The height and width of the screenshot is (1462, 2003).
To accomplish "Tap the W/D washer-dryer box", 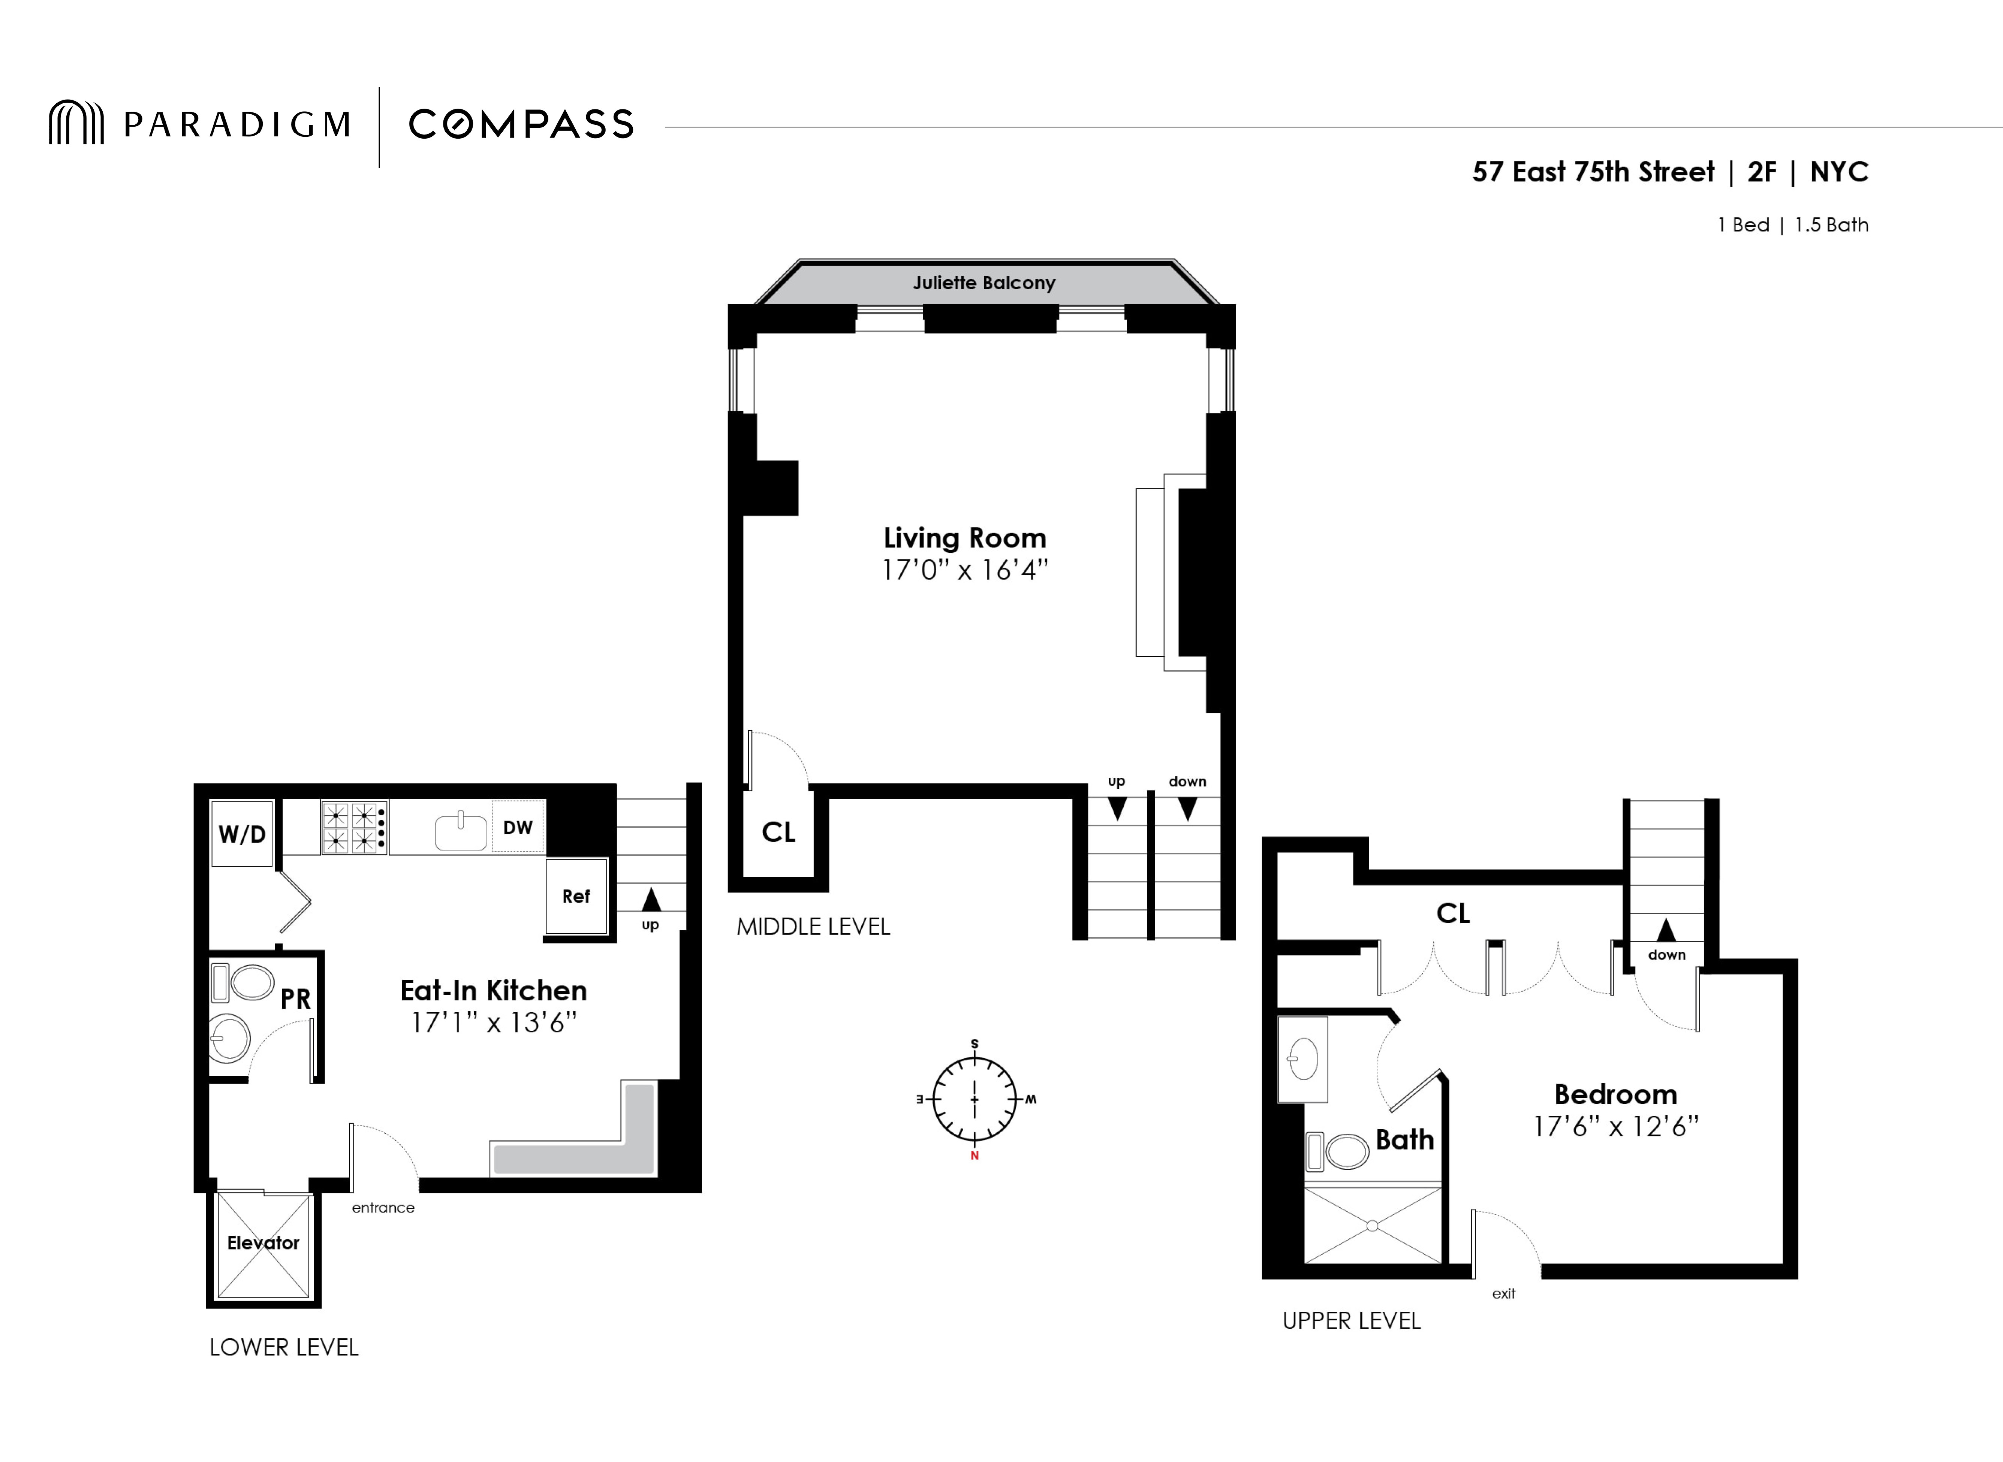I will (x=242, y=834).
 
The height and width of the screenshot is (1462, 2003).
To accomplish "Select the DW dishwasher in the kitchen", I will (x=518, y=827).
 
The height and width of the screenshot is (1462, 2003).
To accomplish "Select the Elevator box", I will (x=263, y=1244).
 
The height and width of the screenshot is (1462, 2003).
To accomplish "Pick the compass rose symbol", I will (x=975, y=1099).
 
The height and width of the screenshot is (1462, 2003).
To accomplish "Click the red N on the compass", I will (x=975, y=1156).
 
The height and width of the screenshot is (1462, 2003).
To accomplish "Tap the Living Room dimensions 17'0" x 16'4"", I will (x=965, y=570).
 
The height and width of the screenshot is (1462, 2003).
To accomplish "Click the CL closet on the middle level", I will (x=778, y=832).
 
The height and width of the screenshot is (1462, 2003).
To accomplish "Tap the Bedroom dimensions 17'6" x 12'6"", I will (x=1615, y=1127).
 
